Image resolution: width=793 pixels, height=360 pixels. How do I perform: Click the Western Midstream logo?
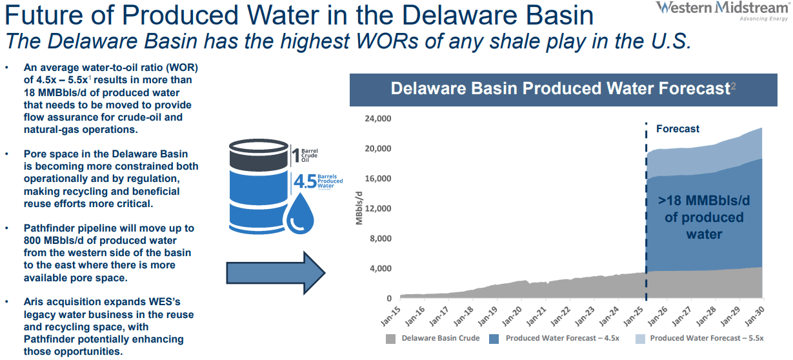coord(721,11)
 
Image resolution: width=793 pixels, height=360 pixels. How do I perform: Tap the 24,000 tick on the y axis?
coord(377,118)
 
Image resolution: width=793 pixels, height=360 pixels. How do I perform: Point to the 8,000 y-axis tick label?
coord(381,238)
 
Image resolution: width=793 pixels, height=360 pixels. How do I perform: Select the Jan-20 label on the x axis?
coord(512,315)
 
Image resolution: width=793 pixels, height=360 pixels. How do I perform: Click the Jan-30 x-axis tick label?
coord(754,315)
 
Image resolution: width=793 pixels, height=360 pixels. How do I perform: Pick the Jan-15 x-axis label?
coord(391,315)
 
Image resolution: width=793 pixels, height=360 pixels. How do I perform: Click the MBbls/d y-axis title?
coord(359,208)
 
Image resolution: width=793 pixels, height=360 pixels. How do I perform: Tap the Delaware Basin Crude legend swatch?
coord(390,339)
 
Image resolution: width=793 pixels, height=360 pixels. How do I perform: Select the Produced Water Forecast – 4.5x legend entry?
coord(554,339)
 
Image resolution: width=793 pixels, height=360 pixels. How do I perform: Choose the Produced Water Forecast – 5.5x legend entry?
coord(699,339)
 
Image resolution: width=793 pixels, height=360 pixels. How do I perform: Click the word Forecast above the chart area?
coord(678,128)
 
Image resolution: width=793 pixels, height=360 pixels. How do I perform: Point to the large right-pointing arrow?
coord(276,273)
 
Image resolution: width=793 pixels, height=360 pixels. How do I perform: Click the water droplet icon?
coord(300,214)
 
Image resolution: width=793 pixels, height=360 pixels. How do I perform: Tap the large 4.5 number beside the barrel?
coord(305,181)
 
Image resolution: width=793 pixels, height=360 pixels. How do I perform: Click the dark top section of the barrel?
coord(259,155)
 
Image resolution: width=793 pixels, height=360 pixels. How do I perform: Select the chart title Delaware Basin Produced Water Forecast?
coord(560,88)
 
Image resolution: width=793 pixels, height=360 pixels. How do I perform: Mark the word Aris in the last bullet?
coord(34,301)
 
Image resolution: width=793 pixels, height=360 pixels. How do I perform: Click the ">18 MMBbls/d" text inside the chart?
coord(704,201)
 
